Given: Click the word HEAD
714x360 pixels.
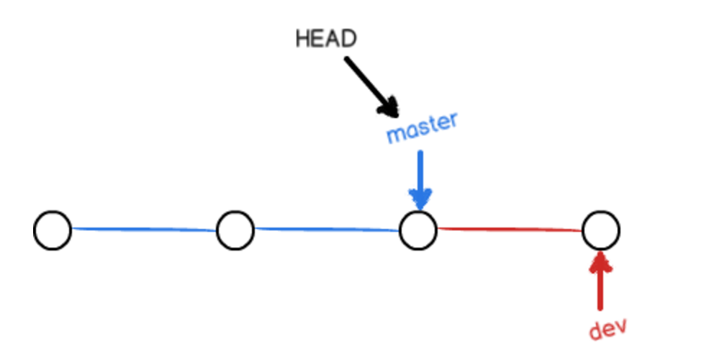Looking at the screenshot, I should (x=325, y=39).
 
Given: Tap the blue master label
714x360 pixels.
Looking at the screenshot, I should (x=421, y=128).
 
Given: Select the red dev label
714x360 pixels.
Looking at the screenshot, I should (x=607, y=328).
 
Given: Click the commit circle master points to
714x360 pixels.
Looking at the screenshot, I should (x=418, y=230).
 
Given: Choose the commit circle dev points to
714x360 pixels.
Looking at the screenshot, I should (x=601, y=230).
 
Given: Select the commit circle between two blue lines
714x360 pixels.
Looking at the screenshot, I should (x=235, y=230).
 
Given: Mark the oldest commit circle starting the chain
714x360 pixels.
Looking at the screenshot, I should (x=53, y=230).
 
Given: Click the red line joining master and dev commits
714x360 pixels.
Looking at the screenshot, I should (x=510, y=230).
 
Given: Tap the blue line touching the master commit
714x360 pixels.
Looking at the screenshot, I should (x=327, y=230).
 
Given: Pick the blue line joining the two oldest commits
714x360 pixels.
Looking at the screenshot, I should (x=144, y=230).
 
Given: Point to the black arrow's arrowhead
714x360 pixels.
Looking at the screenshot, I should (x=388, y=107).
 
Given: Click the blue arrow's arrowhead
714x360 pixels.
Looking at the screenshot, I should (x=420, y=197).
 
